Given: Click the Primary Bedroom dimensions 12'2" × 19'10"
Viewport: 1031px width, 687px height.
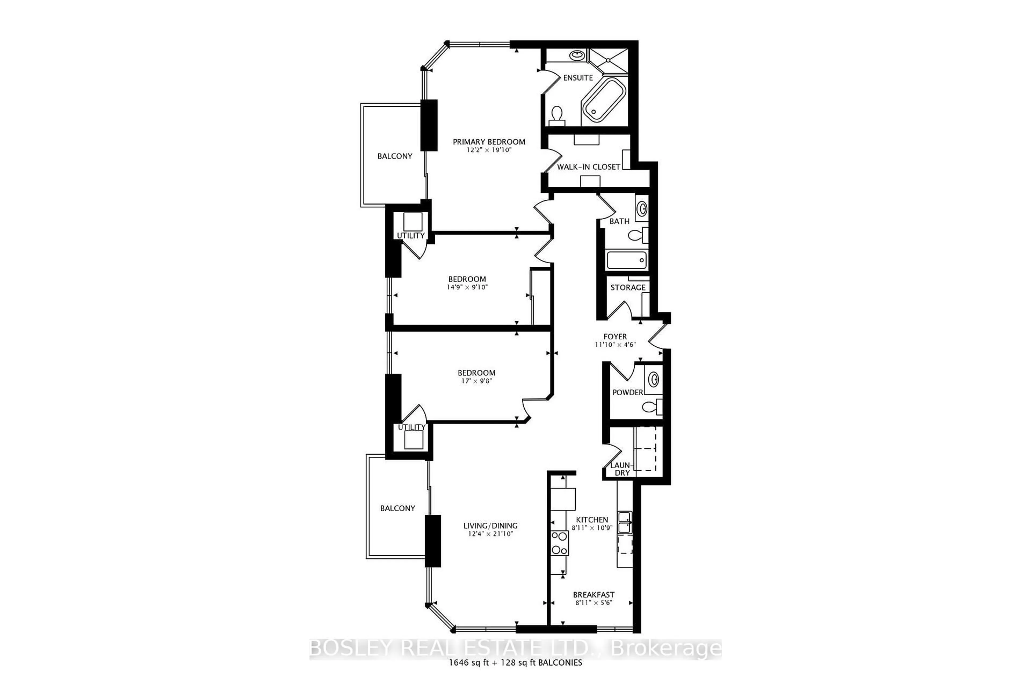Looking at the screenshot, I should [489, 150].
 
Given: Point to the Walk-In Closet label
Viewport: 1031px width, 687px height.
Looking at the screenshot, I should [588, 167].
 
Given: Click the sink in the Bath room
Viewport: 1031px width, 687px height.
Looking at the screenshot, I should [641, 208].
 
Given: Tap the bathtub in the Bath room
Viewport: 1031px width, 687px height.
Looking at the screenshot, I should [626, 261].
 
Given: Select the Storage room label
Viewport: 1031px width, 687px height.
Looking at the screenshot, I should [628, 287].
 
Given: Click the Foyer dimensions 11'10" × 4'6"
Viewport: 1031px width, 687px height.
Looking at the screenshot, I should [615, 345].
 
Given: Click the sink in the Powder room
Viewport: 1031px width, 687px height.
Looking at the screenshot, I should [654, 379].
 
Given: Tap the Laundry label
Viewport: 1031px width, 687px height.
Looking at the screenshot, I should [622, 469].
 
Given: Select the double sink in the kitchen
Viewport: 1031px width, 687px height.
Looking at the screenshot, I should [625, 522].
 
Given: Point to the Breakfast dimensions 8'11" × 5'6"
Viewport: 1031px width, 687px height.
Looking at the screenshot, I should [594, 603].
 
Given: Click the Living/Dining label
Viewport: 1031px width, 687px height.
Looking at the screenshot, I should [491, 526].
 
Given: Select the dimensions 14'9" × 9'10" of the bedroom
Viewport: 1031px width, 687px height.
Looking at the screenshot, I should [467, 287].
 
